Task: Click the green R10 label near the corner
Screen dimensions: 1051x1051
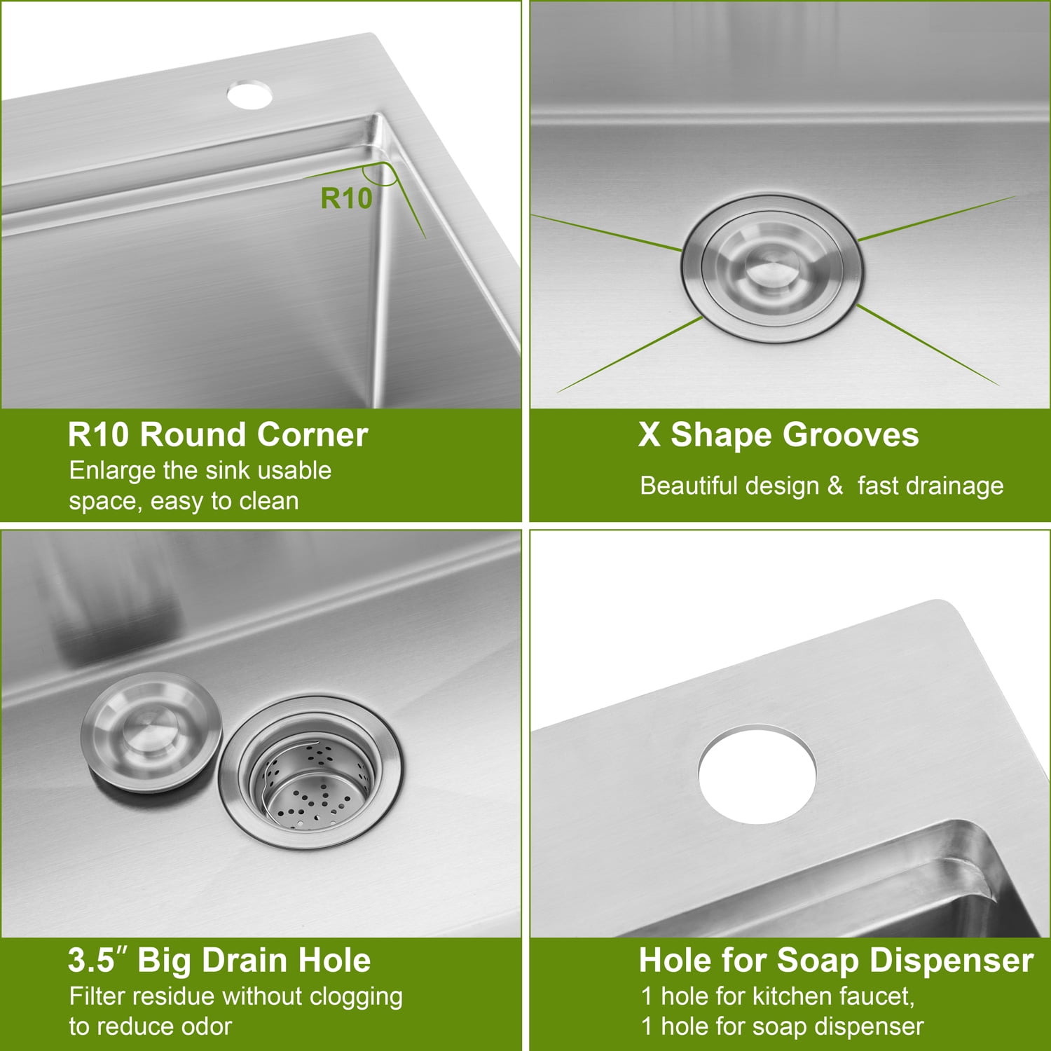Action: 346,198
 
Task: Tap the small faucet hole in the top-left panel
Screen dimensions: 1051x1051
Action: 249,95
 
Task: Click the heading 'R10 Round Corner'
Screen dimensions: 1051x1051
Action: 218,434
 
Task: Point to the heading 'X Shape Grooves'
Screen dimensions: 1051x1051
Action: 778,434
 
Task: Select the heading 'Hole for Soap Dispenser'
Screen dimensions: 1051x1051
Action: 836,960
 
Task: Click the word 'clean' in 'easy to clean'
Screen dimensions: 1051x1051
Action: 269,502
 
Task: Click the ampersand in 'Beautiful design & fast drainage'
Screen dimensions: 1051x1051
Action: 834,486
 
